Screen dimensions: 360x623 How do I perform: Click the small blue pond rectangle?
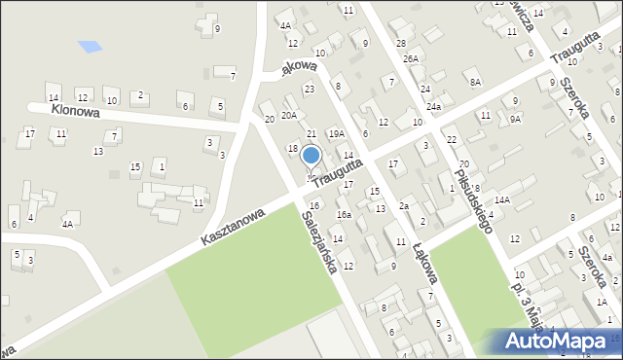(x=89, y=46)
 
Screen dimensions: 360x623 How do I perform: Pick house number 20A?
(x=289, y=115)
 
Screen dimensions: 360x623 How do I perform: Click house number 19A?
(x=337, y=133)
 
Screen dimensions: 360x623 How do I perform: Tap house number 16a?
(x=344, y=214)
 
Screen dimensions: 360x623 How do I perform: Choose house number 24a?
(x=433, y=106)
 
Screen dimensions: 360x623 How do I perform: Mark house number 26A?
(x=411, y=58)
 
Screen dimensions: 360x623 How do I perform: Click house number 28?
(x=400, y=44)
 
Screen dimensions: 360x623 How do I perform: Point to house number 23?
(x=310, y=89)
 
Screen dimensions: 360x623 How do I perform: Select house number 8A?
(x=475, y=83)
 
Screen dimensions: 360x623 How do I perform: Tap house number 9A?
(x=515, y=119)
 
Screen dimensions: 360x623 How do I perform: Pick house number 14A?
(x=499, y=199)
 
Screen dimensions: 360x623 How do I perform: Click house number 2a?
(x=403, y=205)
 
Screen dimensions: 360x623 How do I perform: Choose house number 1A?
(x=603, y=303)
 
